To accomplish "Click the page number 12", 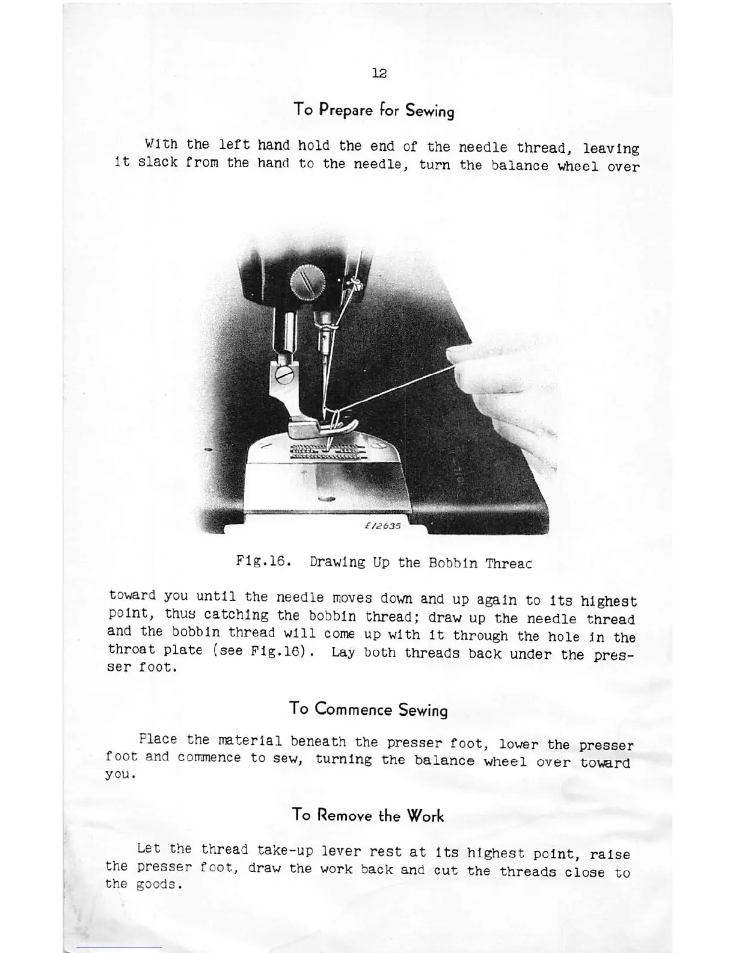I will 379,73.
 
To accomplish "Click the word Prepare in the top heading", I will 346,110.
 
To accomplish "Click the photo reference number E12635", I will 382,525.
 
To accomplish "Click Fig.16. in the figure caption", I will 264,562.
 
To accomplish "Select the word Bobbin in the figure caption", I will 453,563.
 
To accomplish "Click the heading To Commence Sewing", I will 368,709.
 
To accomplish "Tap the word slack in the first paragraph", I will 158,163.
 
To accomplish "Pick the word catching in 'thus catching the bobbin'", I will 236,615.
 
